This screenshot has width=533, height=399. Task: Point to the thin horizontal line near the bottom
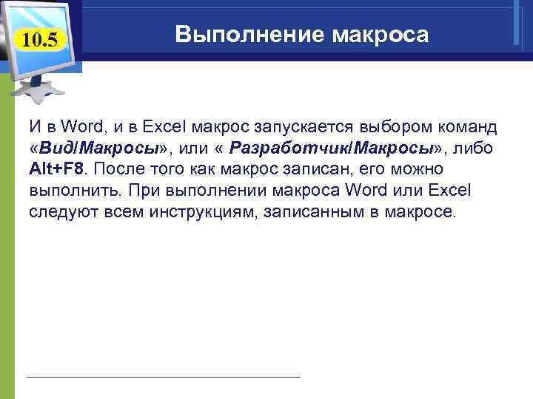tap(163, 377)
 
